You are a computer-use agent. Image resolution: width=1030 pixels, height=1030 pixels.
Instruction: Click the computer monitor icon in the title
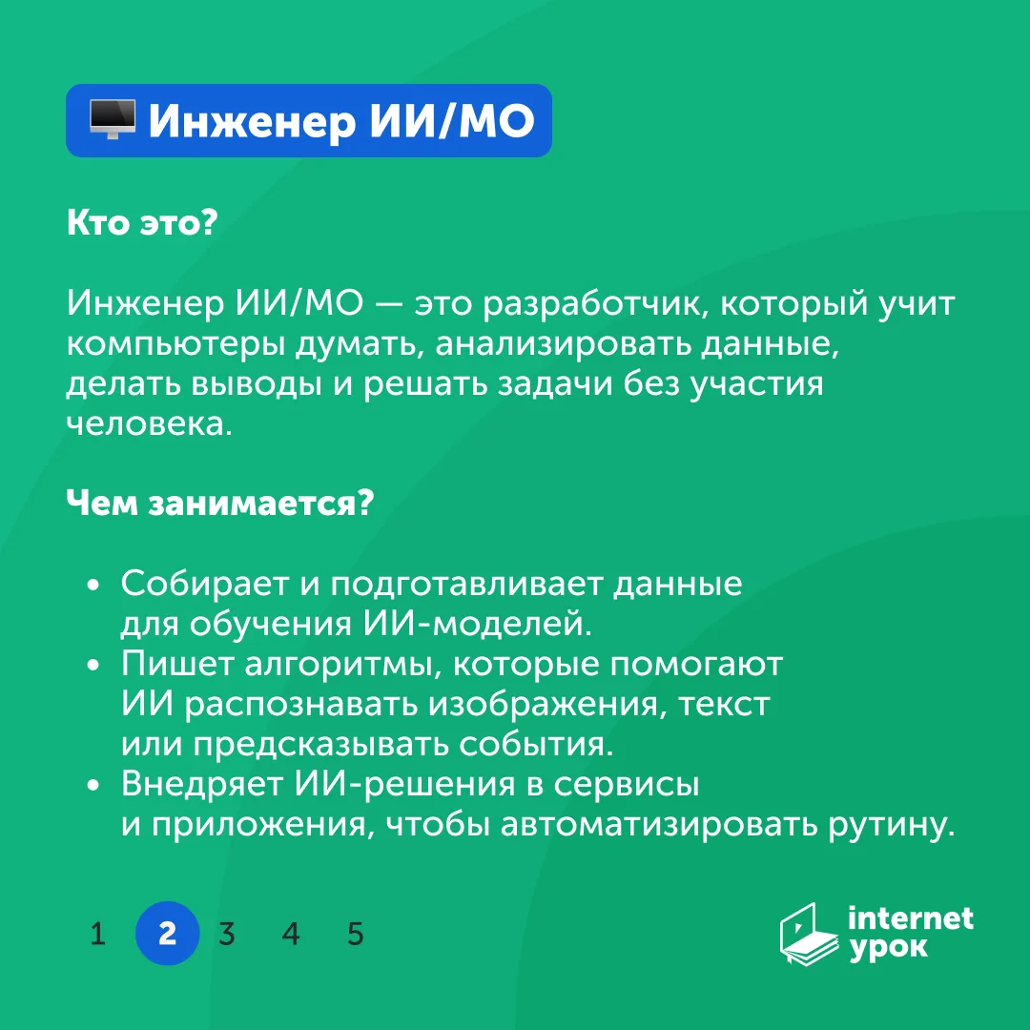pyautogui.click(x=113, y=119)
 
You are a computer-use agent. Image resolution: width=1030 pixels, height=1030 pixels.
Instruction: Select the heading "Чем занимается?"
pyautogui.click(x=220, y=503)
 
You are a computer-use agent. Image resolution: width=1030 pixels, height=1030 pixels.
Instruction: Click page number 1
pyautogui.click(x=98, y=934)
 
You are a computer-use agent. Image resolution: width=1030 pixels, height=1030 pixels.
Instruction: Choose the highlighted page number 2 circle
pyautogui.click(x=168, y=934)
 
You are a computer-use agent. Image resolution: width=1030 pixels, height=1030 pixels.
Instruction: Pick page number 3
pyautogui.click(x=227, y=934)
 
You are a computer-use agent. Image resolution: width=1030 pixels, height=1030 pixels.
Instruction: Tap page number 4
pyautogui.click(x=291, y=934)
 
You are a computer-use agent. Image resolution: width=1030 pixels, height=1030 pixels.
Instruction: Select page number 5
pyautogui.click(x=356, y=934)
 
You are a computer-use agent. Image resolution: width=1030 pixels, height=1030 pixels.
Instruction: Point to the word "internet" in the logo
pyautogui.click(x=911, y=918)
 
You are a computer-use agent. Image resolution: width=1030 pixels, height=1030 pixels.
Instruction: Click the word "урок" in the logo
pyautogui.click(x=888, y=949)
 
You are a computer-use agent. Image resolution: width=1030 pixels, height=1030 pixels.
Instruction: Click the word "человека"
pyautogui.click(x=150, y=424)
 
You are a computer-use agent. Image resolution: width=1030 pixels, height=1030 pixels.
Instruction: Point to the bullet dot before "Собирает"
pyautogui.click(x=93, y=584)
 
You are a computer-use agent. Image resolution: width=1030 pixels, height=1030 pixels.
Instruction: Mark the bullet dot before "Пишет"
pyautogui.click(x=93, y=664)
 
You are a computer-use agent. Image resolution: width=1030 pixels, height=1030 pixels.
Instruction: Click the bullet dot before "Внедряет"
pyautogui.click(x=93, y=784)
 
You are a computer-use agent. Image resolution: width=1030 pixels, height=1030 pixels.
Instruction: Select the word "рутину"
pyautogui.click(x=892, y=825)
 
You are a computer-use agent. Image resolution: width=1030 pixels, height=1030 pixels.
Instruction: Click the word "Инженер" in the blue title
pyautogui.click(x=252, y=121)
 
